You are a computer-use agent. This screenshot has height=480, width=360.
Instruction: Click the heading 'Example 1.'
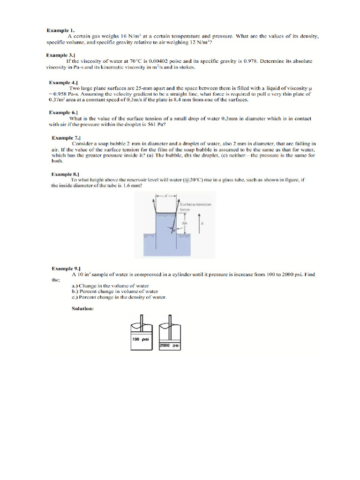click(60, 30)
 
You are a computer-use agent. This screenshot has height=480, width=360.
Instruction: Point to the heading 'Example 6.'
click(64, 113)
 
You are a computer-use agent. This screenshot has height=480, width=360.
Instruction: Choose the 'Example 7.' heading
click(66, 138)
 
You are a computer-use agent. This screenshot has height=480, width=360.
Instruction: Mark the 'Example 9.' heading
click(66, 269)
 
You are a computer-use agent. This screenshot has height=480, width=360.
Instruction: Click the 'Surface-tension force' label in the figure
click(195, 207)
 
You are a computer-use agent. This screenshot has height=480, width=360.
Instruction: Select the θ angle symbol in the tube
click(172, 231)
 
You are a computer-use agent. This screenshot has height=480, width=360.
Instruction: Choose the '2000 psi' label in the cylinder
click(170, 345)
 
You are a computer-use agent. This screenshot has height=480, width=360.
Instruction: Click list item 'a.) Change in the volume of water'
click(110, 285)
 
